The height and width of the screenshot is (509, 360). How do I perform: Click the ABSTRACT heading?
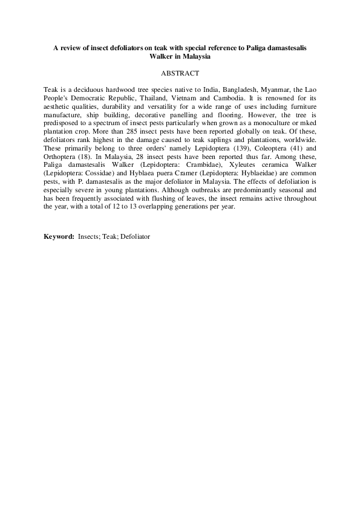(x=180, y=73)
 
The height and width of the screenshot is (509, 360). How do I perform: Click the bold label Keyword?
(x=59, y=236)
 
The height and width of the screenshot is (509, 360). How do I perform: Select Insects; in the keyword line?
(x=90, y=236)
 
